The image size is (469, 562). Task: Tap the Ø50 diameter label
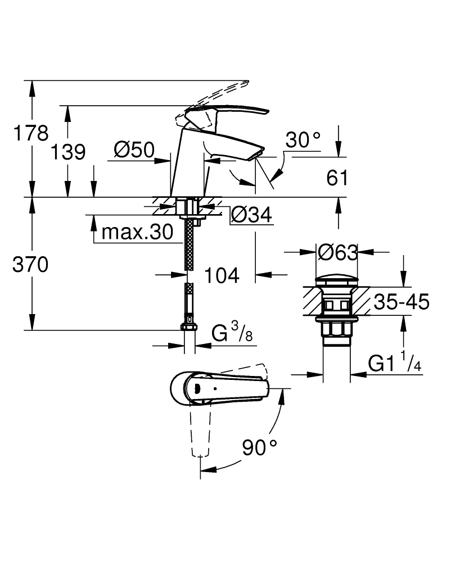click(133, 149)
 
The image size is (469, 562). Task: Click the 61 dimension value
click(337, 178)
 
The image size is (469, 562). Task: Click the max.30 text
click(138, 232)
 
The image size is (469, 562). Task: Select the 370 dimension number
click(30, 265)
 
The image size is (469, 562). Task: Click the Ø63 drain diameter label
click(337, 253)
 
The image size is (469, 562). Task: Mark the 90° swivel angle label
click(260, 447)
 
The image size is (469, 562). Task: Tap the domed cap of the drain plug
click(336, 281)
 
